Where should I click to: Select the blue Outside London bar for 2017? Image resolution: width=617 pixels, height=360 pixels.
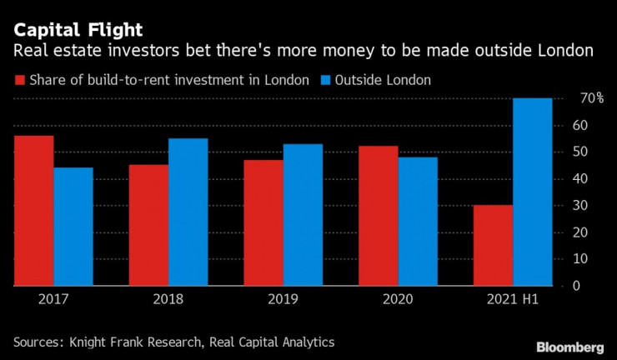coord(73,227)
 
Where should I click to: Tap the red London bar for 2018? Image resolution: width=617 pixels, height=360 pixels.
coord(148,225)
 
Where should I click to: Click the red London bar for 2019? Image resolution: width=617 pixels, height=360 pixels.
coord(263,222)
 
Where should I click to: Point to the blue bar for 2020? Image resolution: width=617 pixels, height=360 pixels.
coord(418,221)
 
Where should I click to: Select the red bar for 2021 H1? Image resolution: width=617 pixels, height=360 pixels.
coord(493,245)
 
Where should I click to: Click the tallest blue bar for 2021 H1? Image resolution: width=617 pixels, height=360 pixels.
coord(533,192)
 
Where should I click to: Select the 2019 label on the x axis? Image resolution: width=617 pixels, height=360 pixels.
coord(283,298)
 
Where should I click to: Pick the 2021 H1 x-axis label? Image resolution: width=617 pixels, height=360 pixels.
coord(513,298)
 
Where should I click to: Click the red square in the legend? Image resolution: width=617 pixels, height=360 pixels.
coord(19,81)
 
